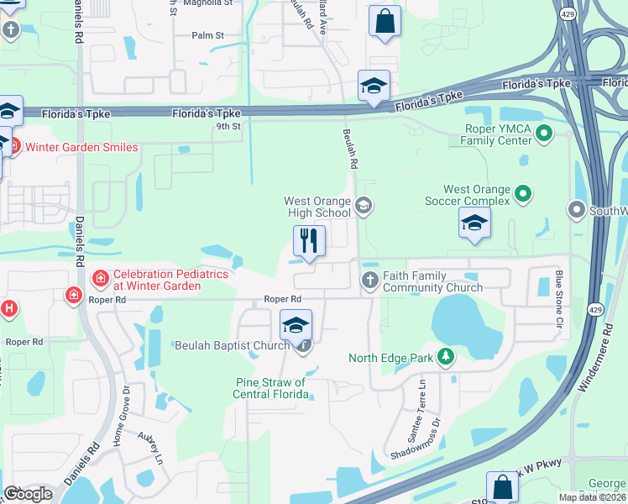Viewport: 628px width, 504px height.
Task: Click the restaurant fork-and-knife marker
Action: click(x=309, y=242)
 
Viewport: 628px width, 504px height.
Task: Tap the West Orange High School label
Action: click(x=317, y=207)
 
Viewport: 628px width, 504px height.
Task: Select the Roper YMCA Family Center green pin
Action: click(x=544, y=132)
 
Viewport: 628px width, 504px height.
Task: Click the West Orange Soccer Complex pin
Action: click(x=523, y=194)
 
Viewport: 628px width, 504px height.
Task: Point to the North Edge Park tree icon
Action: click(x=446, y=358)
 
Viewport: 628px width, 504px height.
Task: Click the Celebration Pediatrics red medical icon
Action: click(x=100, y=278)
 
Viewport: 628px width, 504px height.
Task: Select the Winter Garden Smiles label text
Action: click(x=81, y=147)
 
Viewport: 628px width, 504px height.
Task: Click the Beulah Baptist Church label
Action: click(x=234, y=345)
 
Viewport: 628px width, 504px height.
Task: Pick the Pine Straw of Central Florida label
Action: click(x=270, y=388)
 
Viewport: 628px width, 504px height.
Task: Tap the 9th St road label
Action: click(x=228, y=127)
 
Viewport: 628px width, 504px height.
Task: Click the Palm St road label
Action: click(x=207, y=35)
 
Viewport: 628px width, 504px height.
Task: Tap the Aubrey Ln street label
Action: click(x=150, y=444)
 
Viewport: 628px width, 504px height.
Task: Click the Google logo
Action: click(x=29, y=494)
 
